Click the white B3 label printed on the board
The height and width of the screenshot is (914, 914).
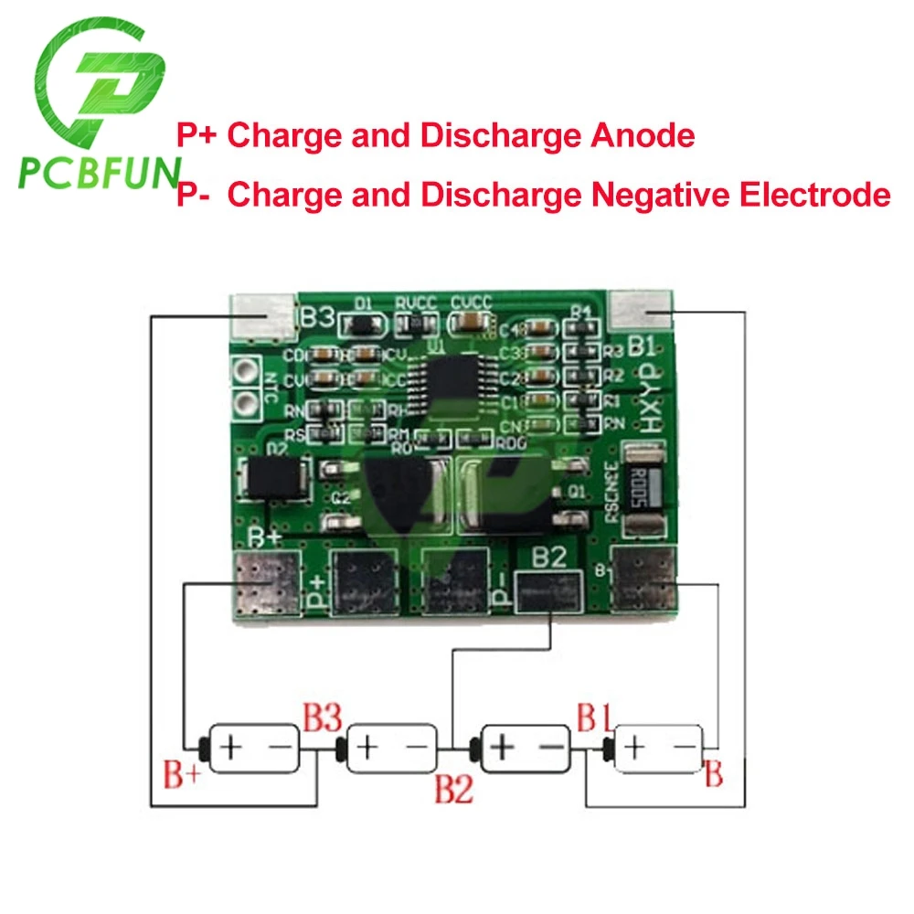click(317, 319)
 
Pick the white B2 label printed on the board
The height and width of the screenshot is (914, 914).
click(550, 559)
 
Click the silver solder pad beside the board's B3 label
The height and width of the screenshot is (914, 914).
click(265, 315)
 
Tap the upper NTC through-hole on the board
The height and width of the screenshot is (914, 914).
click(245, 371)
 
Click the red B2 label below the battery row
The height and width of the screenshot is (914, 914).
click(453, 787)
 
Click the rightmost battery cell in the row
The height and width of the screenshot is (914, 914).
click(658, 749)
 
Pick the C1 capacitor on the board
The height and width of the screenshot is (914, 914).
click(541, 400)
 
